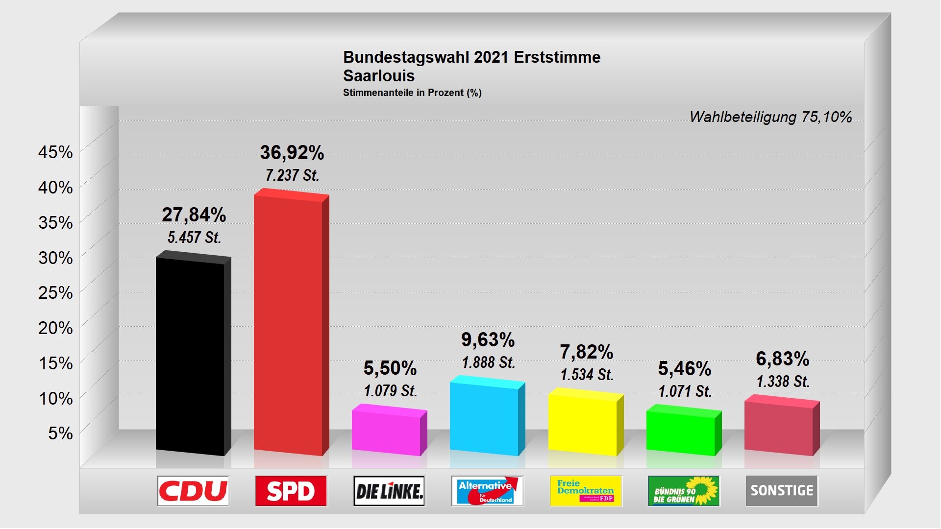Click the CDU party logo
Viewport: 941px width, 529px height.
pyautogui.click(x=193, y=491)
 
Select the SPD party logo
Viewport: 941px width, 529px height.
pyautogui.click(x=291, y=491)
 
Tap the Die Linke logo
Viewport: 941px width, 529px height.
pyautogui.click(x=389, y=491)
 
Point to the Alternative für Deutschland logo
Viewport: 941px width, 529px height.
pyautogui.click(x=487, y=491)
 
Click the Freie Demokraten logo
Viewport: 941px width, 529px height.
pyautogui.click(x=586, y=491)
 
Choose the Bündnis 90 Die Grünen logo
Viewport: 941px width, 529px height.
pyautogui.click(x=684, y=491)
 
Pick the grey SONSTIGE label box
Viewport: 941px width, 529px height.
pyautogui.click(x=782, y=491)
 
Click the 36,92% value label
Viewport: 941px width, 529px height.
pyautogui.click(x=292, y=153)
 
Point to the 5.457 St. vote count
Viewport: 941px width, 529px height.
pyautogui.click(x=195, y=238)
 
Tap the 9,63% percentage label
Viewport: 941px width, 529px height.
pyautogui.click(x=488, y=339)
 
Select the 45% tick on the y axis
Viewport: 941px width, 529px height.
pyautogui.click(x=55, y=152)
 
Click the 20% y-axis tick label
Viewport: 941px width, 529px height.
pyautogui.click(x=55, y=328)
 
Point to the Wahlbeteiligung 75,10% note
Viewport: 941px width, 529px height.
pyautogui.click(x=770, y=117)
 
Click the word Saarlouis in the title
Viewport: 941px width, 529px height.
pyautogui.click(x=379, y=76)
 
